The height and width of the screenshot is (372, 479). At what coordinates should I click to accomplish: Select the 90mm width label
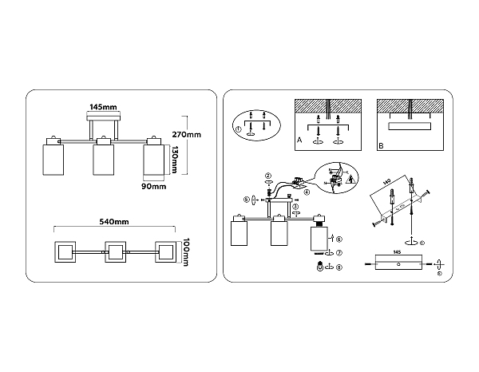pos(152,187)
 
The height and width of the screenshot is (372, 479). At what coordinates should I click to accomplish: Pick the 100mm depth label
pos(185,251)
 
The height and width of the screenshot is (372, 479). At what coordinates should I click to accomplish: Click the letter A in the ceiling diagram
pos(298,139)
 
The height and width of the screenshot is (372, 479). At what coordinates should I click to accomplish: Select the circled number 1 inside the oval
pos(239,130)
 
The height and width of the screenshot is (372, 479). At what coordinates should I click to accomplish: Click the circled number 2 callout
pos(269,176)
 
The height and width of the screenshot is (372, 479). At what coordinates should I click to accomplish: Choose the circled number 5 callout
pos(246,200)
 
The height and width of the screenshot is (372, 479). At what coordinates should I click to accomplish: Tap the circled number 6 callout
pos(339,239)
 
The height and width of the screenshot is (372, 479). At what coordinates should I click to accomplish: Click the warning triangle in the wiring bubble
pos(341,170)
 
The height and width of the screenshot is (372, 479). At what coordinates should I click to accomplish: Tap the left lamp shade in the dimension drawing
pos(53,158)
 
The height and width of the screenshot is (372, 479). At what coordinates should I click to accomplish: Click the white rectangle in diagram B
pos(408,126)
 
